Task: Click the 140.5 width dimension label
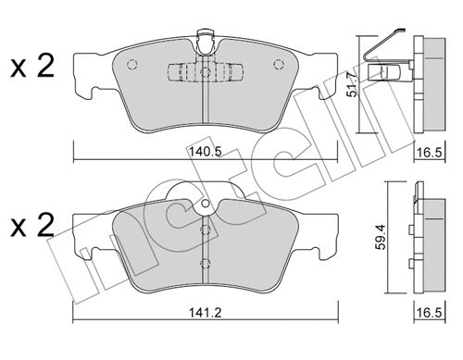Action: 206,152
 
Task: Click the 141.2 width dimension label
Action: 206,313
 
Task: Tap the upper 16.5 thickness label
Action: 430,152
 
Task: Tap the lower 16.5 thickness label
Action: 430,313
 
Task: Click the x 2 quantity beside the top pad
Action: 32,66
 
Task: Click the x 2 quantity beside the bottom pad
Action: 32,226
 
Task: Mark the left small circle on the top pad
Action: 131,64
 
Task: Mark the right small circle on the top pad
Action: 279,64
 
